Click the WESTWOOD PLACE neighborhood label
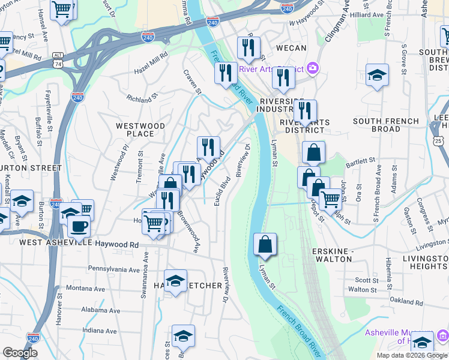[140, 130]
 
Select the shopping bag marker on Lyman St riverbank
[265, 245]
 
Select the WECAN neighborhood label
[291, 48]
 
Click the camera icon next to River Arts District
[312, 68]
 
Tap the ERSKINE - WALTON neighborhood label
[332, 254]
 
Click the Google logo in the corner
[20, 352]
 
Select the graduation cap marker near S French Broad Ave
[377, 76]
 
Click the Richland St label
[142, 96]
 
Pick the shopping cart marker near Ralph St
[330, 199]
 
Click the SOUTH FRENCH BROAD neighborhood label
[386, 125]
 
